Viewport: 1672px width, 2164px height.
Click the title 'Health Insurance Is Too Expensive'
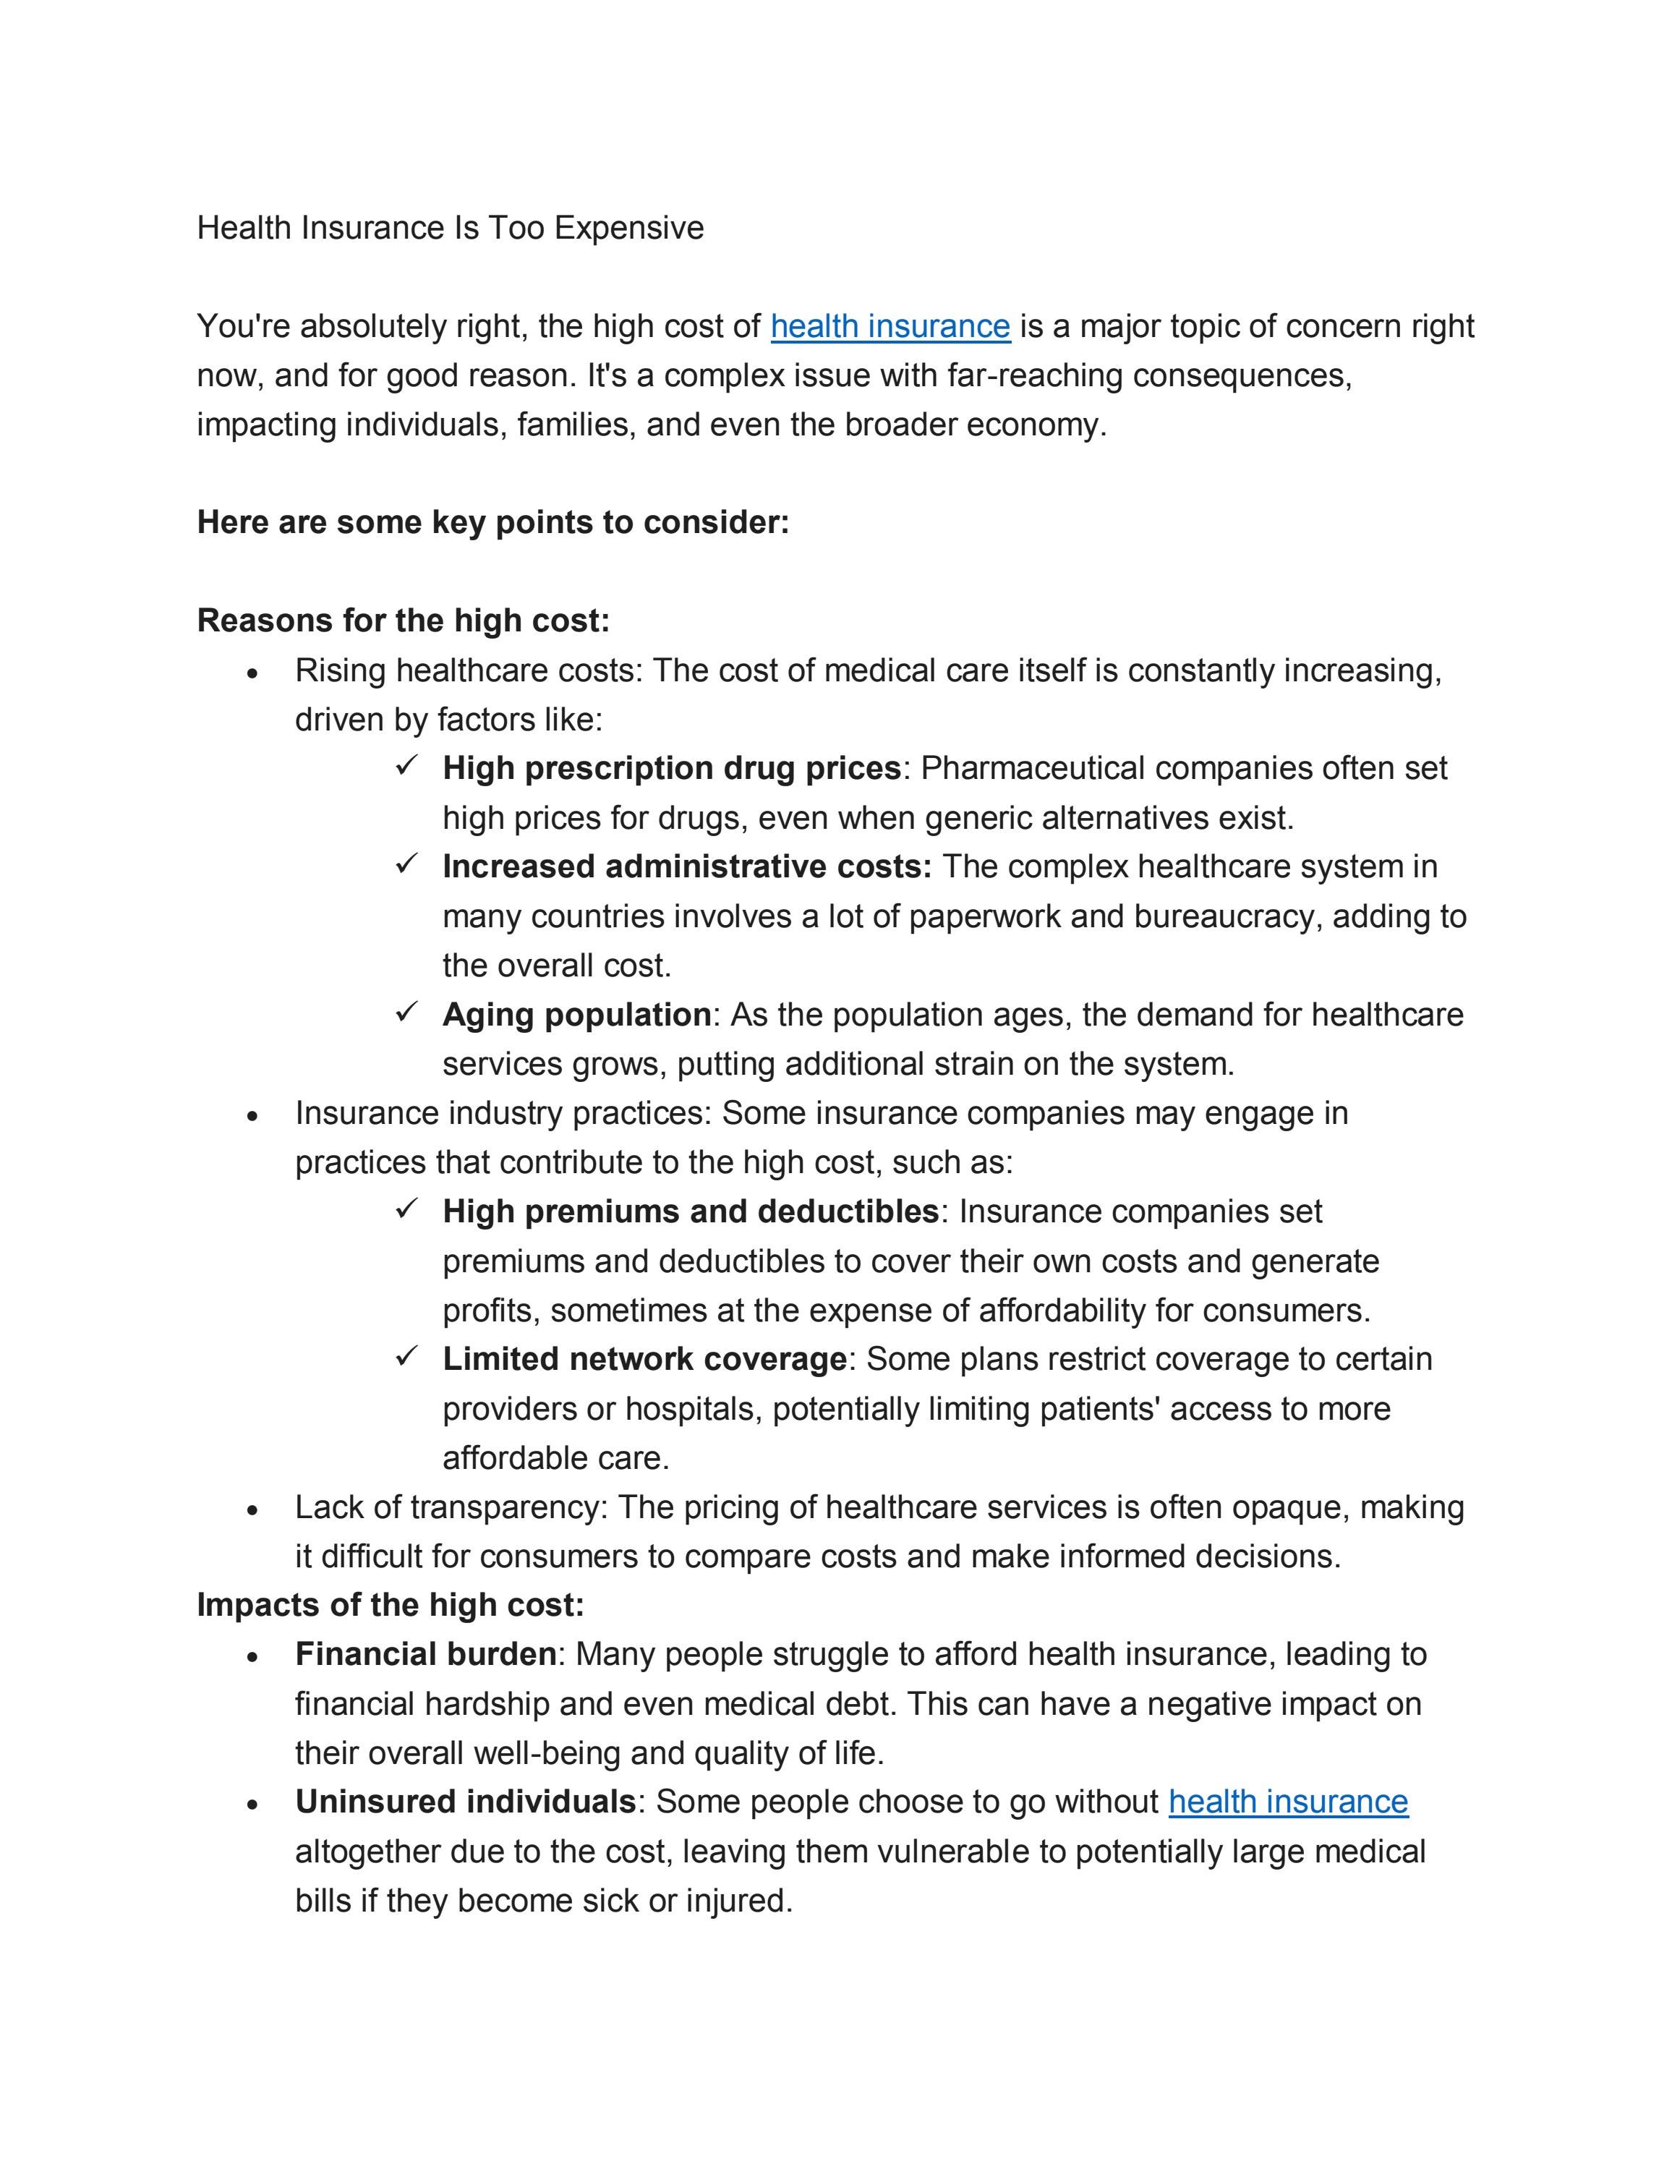point(450,228)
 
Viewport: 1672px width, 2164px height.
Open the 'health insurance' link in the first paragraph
point(890,326)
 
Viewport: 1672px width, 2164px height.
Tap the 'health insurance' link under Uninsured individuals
point(1288,1802)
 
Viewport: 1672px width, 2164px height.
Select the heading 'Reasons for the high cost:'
point(403,621)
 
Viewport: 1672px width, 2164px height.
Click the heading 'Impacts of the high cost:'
point(391,1604)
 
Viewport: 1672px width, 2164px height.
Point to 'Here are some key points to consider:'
point(492,522)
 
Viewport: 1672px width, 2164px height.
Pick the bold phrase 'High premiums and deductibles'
point(691,1211)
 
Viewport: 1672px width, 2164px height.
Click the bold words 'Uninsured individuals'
point(464,1802)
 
